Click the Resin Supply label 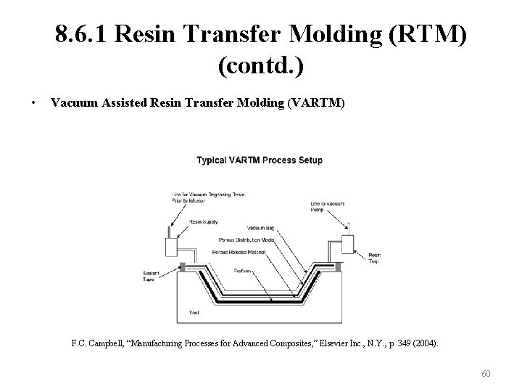click(204, 221)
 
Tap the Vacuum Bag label click(260, 228)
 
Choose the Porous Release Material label click(239, 252)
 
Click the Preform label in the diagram click(244, 271)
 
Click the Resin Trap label click(374, 258)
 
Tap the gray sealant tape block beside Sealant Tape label click(181, 268)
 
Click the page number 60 click(486, 374)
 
